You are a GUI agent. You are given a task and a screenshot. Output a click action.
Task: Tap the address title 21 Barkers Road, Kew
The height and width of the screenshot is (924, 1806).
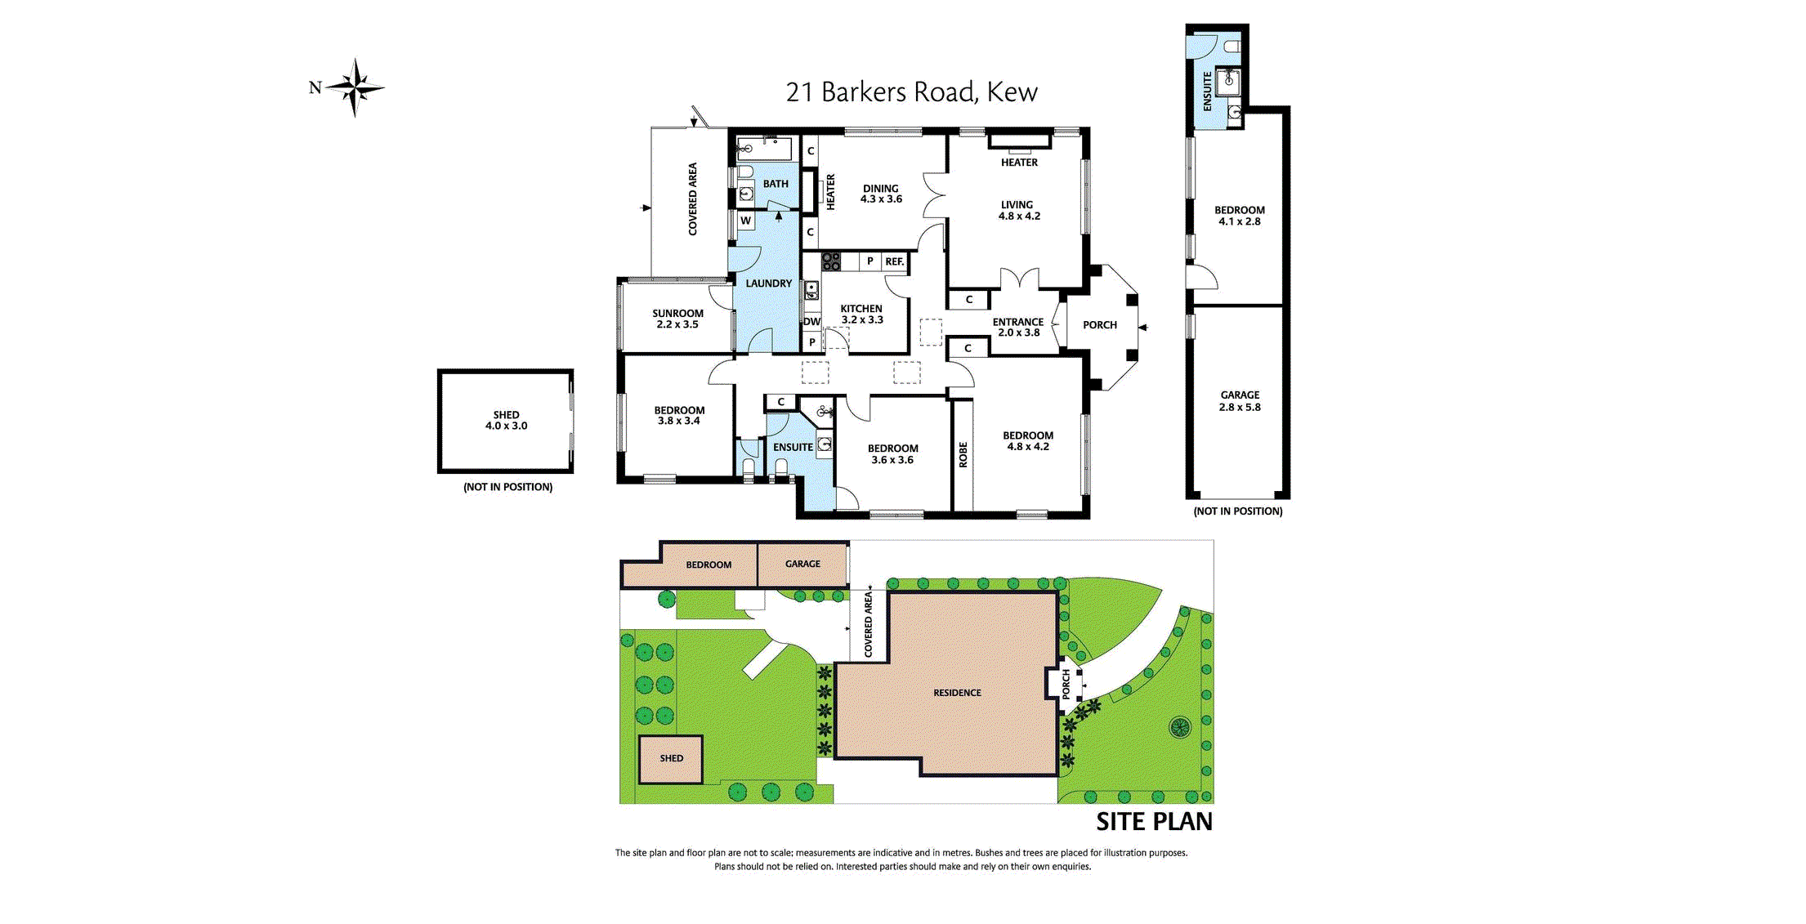click(x=911, y=92)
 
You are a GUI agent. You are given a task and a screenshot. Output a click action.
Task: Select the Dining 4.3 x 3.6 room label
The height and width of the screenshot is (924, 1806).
click(x=880, y=194)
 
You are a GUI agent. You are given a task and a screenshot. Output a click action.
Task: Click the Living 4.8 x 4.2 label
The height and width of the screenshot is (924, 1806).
click(x=1018, y=211)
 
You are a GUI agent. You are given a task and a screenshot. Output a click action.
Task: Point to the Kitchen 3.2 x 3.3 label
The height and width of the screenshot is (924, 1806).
click(x=861, y=315)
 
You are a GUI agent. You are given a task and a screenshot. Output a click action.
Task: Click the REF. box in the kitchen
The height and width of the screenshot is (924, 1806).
click(x=894, y=261)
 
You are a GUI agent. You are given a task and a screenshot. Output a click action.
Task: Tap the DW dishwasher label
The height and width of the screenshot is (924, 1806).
click(x=811, y=322)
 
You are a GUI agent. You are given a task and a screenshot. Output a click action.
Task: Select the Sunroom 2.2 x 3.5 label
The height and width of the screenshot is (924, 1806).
click(x=677, y=319)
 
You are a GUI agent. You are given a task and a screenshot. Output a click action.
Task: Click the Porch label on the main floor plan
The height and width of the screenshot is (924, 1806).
click(x=1099, y=325)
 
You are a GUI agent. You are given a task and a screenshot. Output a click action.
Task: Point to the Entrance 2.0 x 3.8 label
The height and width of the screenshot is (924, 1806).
click(x=1018, y=327)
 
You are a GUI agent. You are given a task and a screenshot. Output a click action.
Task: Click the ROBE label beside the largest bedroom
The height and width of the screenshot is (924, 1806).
click(x=963, y=454)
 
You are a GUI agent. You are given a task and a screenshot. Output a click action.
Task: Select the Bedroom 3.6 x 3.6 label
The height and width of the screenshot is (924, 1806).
click(x=892, y=454)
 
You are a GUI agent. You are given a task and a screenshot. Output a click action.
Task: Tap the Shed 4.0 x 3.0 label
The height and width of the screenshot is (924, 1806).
click(x=506, y=420)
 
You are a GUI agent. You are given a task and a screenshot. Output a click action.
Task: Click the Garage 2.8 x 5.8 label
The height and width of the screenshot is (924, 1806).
click(x=1240, y=401)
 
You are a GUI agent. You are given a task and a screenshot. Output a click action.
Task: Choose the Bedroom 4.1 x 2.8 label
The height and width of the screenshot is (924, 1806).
click(x=1239, y=216)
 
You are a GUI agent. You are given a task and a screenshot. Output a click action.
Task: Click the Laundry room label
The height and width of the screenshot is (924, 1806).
click(x=768, y=283)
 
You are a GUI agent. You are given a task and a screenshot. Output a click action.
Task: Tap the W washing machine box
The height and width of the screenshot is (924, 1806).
click(x=745, y=221)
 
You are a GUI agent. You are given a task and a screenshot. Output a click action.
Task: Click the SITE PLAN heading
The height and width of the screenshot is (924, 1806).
click(x=1154, y=822)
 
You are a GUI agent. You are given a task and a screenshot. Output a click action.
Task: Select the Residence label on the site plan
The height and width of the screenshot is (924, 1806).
click(x=957, y=693)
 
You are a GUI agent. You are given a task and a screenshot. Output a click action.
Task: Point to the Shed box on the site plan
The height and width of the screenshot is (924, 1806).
click(x=671, y=759)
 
